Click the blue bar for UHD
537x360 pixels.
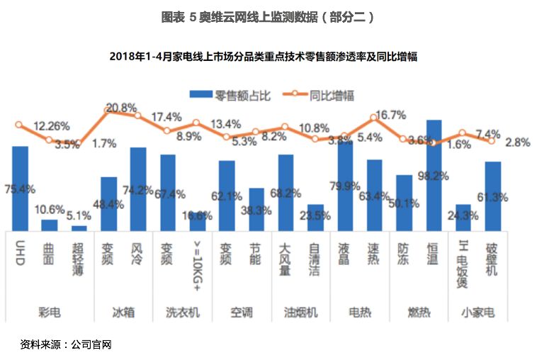coord(20,188)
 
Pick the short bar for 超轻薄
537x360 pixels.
coord(79,227)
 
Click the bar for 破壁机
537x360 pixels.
coord(493,196)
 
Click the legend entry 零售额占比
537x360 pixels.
coord(230,94)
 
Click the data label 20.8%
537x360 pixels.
coord(121,108)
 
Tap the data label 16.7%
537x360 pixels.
coord(390,115)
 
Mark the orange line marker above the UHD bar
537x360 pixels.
coord(19,125)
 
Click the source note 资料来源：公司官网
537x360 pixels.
coord(66,345)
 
